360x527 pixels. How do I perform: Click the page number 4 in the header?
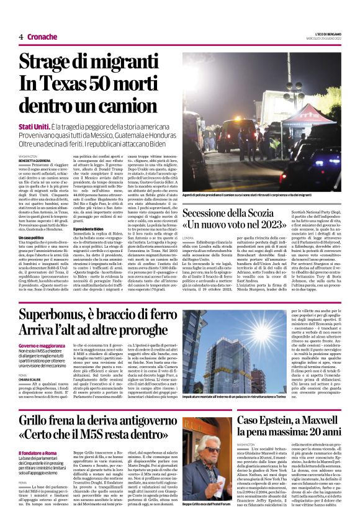21,37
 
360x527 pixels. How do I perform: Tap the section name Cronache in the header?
42,37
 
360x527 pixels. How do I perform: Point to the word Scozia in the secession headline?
312,210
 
